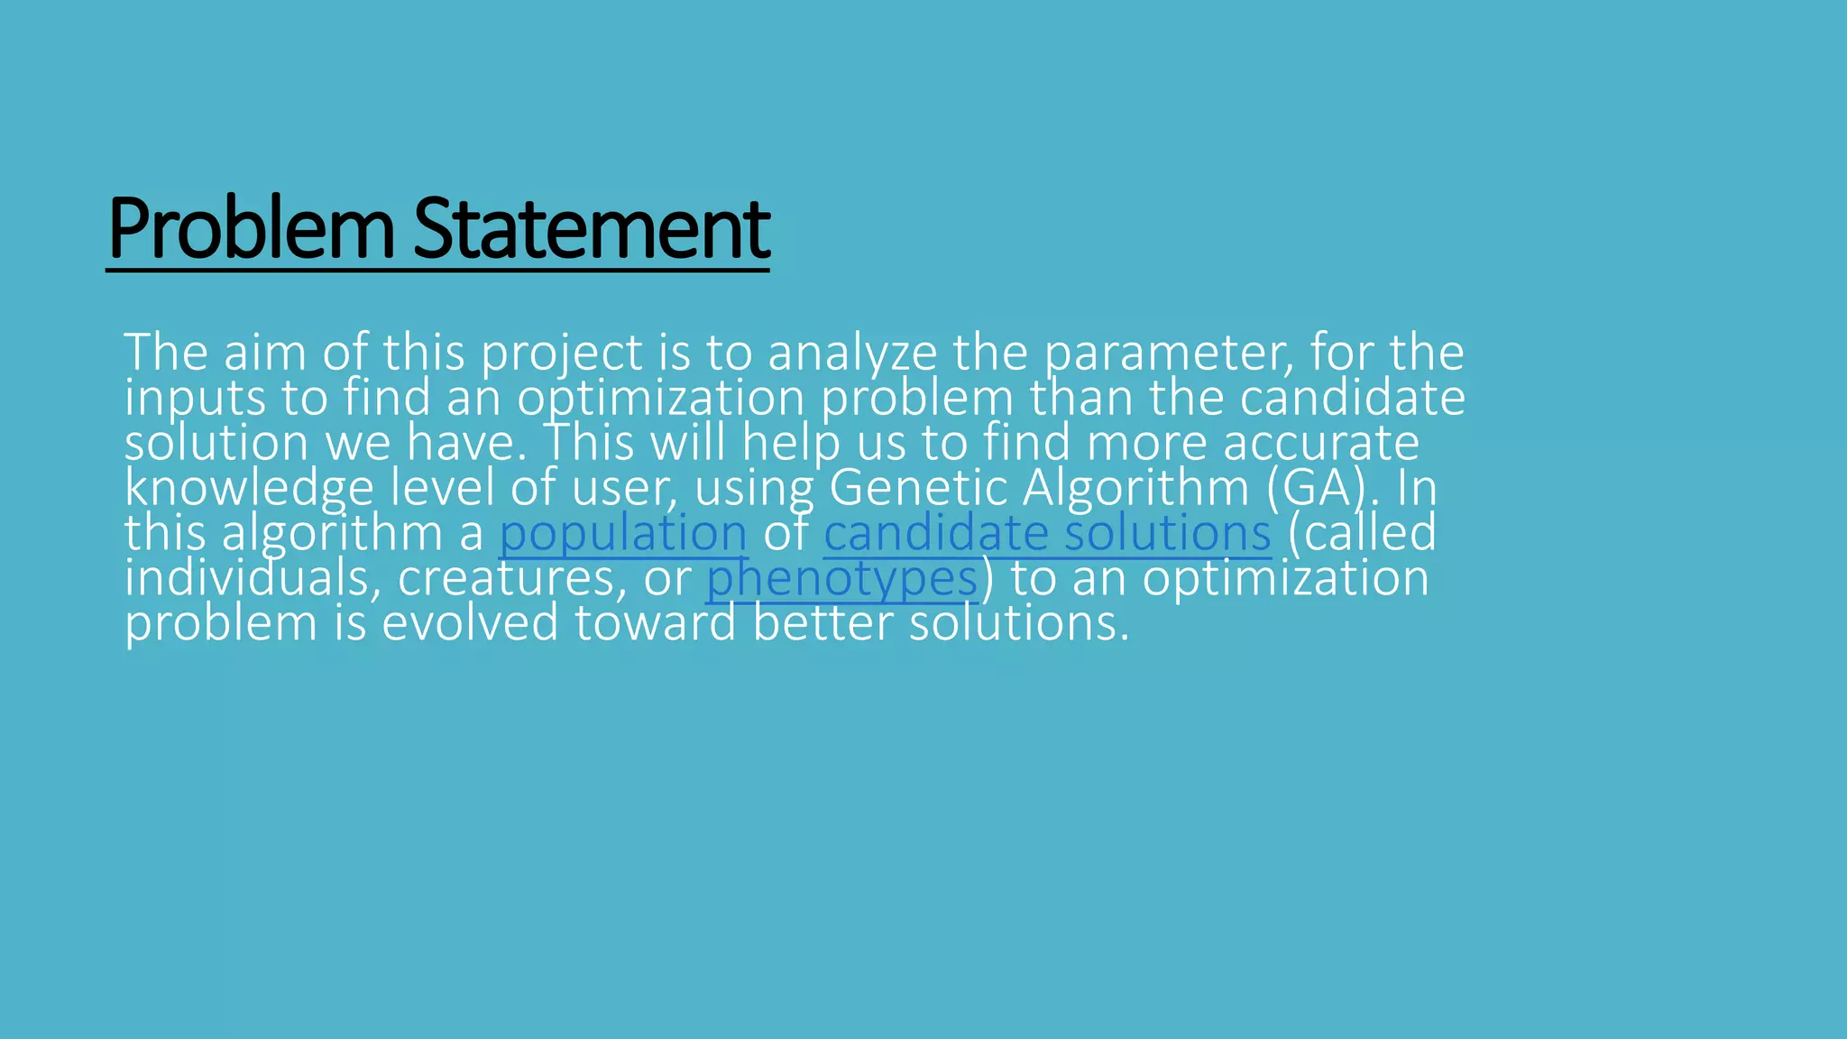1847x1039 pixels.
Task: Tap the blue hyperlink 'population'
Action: pos(623,532)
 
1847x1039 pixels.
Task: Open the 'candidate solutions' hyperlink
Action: pos(1047,532)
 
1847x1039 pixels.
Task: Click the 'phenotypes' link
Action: pos(841,577)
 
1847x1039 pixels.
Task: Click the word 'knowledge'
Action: pos(249,487)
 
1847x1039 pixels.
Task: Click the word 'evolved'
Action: pos(470,622)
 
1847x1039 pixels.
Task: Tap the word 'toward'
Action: pos(656,622)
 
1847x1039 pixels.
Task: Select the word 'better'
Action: pos(822,622)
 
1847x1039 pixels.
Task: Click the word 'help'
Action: pos(792,442)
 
